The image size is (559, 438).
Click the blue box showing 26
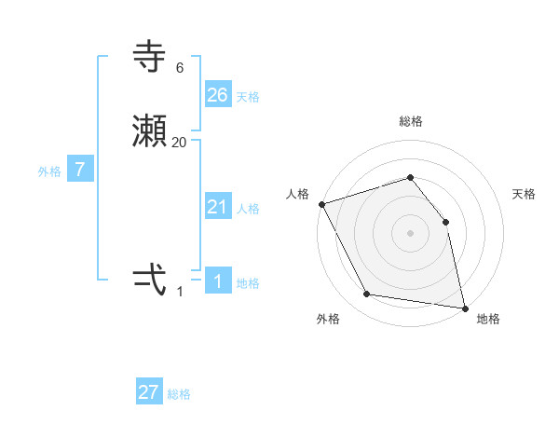tap(218, 95)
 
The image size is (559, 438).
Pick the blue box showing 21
tap(218, 207)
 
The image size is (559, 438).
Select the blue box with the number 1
tap(218, 281)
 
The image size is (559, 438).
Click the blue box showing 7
tap(81, 170)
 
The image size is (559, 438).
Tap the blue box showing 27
tap(149, 392)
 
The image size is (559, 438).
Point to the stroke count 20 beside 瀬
tap(179, 143)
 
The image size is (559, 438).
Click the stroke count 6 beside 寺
tap(179, 68)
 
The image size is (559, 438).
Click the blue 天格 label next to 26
tap(248, 97)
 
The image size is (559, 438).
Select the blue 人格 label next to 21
tap(248, 209)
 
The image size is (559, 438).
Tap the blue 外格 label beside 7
tap(49, 171)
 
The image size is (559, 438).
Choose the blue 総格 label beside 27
tap(179, 394)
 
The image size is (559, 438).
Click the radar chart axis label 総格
tap(411, 121)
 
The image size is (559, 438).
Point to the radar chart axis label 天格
tap(525, 194)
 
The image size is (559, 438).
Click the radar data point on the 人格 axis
tap(321, 204)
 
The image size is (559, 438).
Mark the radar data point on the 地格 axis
tap(465, 308)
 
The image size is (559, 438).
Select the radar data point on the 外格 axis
tap(367, 295)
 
